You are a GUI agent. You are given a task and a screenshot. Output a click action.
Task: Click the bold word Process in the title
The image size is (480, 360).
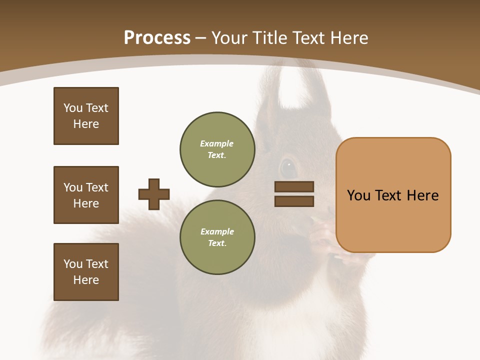pos(157,38)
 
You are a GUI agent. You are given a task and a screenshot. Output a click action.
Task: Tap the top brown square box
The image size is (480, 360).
pos(86,116)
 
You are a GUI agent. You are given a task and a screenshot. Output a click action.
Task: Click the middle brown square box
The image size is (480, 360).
pos(86,195)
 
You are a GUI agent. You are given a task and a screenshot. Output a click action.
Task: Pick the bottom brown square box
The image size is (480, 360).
pos(86,272)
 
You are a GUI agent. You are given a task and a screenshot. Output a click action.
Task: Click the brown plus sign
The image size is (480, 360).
pos(154,194)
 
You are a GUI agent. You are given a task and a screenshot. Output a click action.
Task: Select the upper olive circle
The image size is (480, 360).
pos(217,149)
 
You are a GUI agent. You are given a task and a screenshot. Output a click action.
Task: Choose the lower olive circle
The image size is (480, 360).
pos(217,237)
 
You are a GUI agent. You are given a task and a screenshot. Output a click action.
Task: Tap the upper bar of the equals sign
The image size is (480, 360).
pos(294,186)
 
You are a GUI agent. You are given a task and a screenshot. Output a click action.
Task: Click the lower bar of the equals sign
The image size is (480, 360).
pos(294,201)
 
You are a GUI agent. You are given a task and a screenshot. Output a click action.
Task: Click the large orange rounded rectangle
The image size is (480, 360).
pos(393,195)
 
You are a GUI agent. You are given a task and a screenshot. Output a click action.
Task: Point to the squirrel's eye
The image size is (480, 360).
pos(288,167)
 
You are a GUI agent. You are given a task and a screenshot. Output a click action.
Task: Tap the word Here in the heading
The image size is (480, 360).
pos(350,38)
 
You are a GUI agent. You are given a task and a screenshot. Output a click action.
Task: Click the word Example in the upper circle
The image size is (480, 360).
pos(217,143)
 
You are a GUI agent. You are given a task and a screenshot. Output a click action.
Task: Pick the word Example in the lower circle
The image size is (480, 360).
pos(217,231)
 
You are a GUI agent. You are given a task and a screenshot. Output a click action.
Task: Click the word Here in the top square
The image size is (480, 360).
pos(86,124)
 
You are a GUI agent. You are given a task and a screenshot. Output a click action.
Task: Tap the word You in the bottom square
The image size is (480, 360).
pos(72,264)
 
